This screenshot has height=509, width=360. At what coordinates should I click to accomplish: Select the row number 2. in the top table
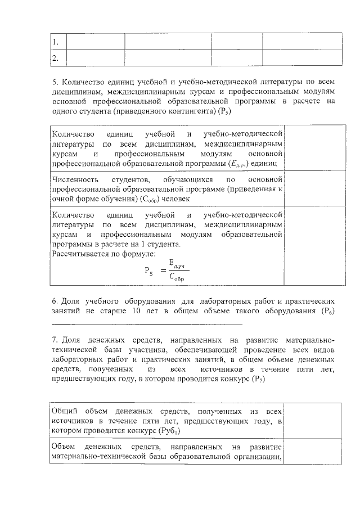tap(55, 58)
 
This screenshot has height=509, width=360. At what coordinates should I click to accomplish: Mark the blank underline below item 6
tap(147, 325)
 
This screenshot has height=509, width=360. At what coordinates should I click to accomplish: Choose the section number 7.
tap(55, 340)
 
